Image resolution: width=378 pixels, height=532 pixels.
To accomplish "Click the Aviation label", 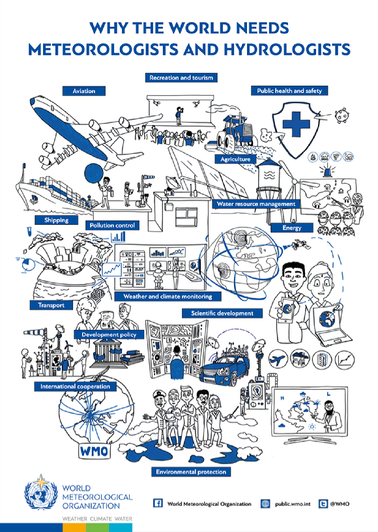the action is click(x=83, y=91).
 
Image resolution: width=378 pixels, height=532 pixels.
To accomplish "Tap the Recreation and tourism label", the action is click(x=181, y=78).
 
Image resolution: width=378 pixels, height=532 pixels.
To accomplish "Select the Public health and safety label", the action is click(x=289, y=91).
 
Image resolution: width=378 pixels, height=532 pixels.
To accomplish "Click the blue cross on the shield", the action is click(x=296, y=124).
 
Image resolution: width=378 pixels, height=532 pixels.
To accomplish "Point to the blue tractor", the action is click(x=235, y=131).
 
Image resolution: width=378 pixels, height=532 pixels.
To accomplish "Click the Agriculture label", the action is click(x=236, y=159).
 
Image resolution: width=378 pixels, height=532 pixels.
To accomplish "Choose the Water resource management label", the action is click(x=256, y=204).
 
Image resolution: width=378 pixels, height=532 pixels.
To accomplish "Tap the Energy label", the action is click(x=292, y=228).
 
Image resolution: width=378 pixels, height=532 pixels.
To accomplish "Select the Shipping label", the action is click(x=56, y=220).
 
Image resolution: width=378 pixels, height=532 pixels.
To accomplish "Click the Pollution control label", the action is click(x=112, y=226).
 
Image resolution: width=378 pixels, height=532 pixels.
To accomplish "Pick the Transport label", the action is click(x=51, y=305).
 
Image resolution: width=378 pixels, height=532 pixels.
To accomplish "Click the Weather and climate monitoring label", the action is click(x=167, y=296).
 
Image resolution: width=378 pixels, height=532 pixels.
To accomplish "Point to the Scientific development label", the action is click(x=222, y=313).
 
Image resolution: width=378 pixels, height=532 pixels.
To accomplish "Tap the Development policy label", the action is click(x=109, y=334).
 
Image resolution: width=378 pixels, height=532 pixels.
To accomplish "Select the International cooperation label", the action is click(x=75, y=387).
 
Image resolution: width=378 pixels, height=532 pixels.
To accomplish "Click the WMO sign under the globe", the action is click(x=94, y=451).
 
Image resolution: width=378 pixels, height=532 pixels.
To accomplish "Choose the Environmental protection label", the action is click(x=191, y=472).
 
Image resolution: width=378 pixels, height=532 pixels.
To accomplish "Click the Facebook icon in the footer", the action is click(x=158, y=503).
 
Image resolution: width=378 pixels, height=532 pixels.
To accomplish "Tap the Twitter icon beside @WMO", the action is click(x=323, y=504).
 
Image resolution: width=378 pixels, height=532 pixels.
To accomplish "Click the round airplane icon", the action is click(x=278, y=360).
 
